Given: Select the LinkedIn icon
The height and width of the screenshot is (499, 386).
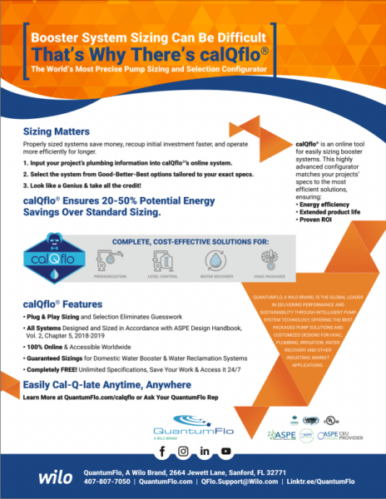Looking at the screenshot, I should (203, 451).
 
